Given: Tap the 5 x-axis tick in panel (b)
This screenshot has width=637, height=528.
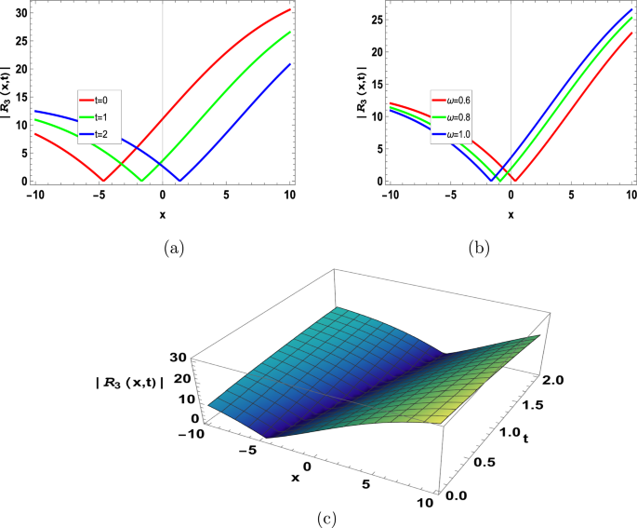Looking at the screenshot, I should pos(572,195).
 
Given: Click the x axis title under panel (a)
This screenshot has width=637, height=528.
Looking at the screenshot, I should pos(162,216).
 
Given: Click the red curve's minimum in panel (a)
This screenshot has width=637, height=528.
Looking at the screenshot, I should pos(103,180).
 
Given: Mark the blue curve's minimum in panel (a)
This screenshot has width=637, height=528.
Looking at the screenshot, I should pos(180,180).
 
